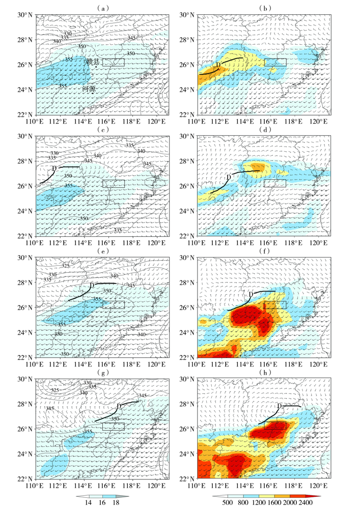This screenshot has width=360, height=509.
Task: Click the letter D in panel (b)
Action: pos(218,65)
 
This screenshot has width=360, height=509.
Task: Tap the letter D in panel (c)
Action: pos(53,168)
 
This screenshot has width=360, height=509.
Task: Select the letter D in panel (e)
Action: pos(92,285)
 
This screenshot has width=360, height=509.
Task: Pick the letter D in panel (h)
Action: pos(279,406)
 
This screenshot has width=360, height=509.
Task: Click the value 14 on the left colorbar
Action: pos(81,502)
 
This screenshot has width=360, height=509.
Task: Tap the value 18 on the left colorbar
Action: pos(116,502)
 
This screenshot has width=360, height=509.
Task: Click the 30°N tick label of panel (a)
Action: pos(23,15)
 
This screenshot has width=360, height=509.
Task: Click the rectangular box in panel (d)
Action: pos(275,183)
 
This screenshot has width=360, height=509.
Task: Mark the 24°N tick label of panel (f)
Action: pos(185,332)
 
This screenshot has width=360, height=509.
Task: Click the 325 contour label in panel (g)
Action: pos(54,390)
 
